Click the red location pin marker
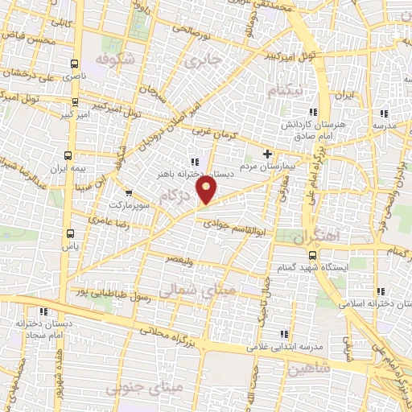(x=208, y=191)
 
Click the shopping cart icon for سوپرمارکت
(x=128, y=193)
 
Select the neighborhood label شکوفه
(x=111, y=61)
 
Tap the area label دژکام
(x=179, y=196)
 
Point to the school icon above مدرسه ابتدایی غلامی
(x=282, y=334)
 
